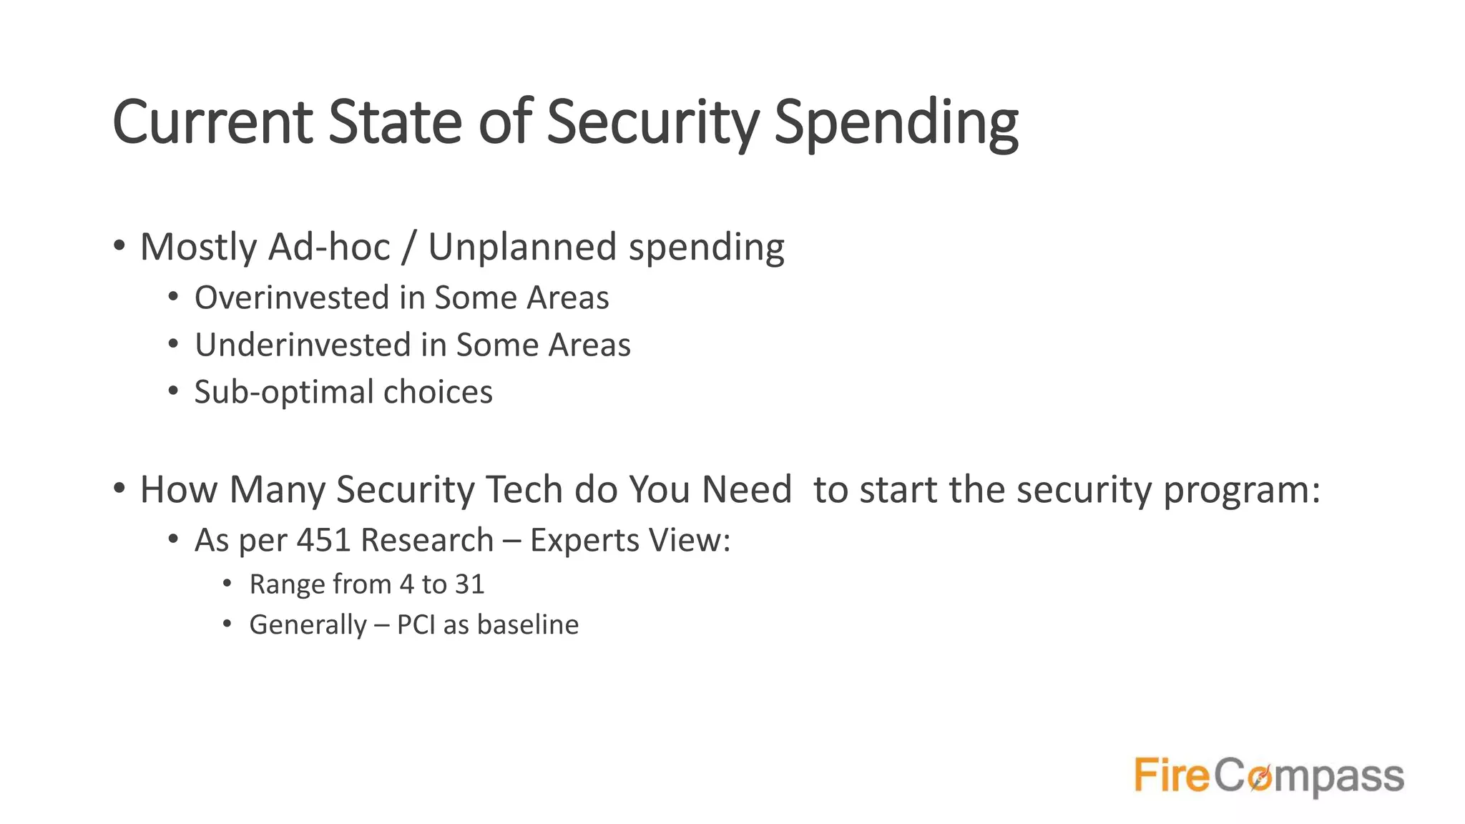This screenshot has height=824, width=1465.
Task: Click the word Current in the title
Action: tap(212, 122)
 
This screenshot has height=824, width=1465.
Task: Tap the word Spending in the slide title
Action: tap(896, 122)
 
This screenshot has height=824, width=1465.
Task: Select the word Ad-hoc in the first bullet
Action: tap(329, 247)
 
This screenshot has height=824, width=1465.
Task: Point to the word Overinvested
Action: tap(293, 298)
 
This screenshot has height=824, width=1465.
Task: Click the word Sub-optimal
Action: tap(284, 392)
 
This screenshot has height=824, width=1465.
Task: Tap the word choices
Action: tap(438, 392)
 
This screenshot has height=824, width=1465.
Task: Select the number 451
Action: tap(323, 540)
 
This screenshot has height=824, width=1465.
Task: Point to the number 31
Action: tap(469, 584)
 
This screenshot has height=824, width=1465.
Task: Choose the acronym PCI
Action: tap(416, 624)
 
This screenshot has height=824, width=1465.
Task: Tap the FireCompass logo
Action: tap(1269, 776)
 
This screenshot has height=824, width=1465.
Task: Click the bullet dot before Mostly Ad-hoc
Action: tap(119, 246)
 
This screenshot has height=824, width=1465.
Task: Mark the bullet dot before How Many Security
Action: tap(119, 489)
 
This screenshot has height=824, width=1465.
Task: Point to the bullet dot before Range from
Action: tap(227, 584)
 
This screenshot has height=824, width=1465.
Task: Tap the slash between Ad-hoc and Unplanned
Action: tap(408, 247)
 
